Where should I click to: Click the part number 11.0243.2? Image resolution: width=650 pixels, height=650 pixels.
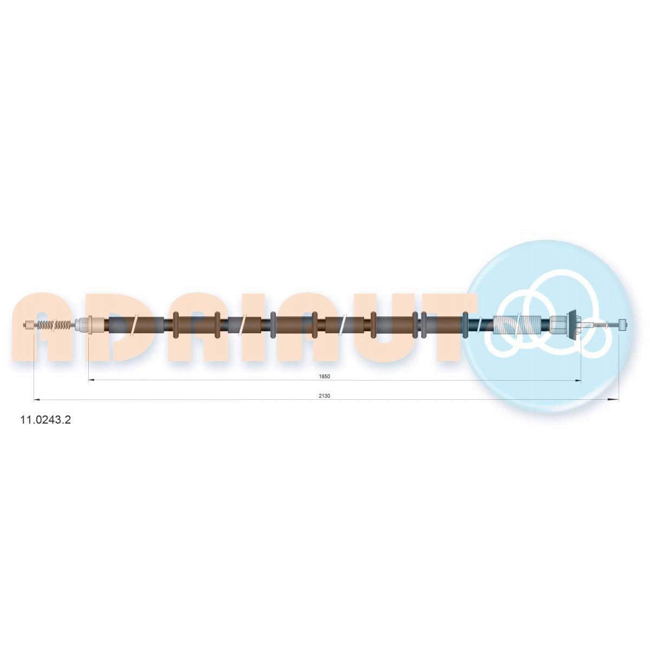click(45, 420)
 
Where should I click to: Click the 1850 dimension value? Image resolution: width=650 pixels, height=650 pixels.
click(324, 376)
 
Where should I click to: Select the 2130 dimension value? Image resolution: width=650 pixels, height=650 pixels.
click(324, 396)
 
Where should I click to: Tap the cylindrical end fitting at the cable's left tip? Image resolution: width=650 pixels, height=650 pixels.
click(30, 325)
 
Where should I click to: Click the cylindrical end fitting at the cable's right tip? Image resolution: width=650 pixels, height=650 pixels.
click(623, 325)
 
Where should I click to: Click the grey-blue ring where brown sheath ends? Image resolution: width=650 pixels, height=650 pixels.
click(465, 325)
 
